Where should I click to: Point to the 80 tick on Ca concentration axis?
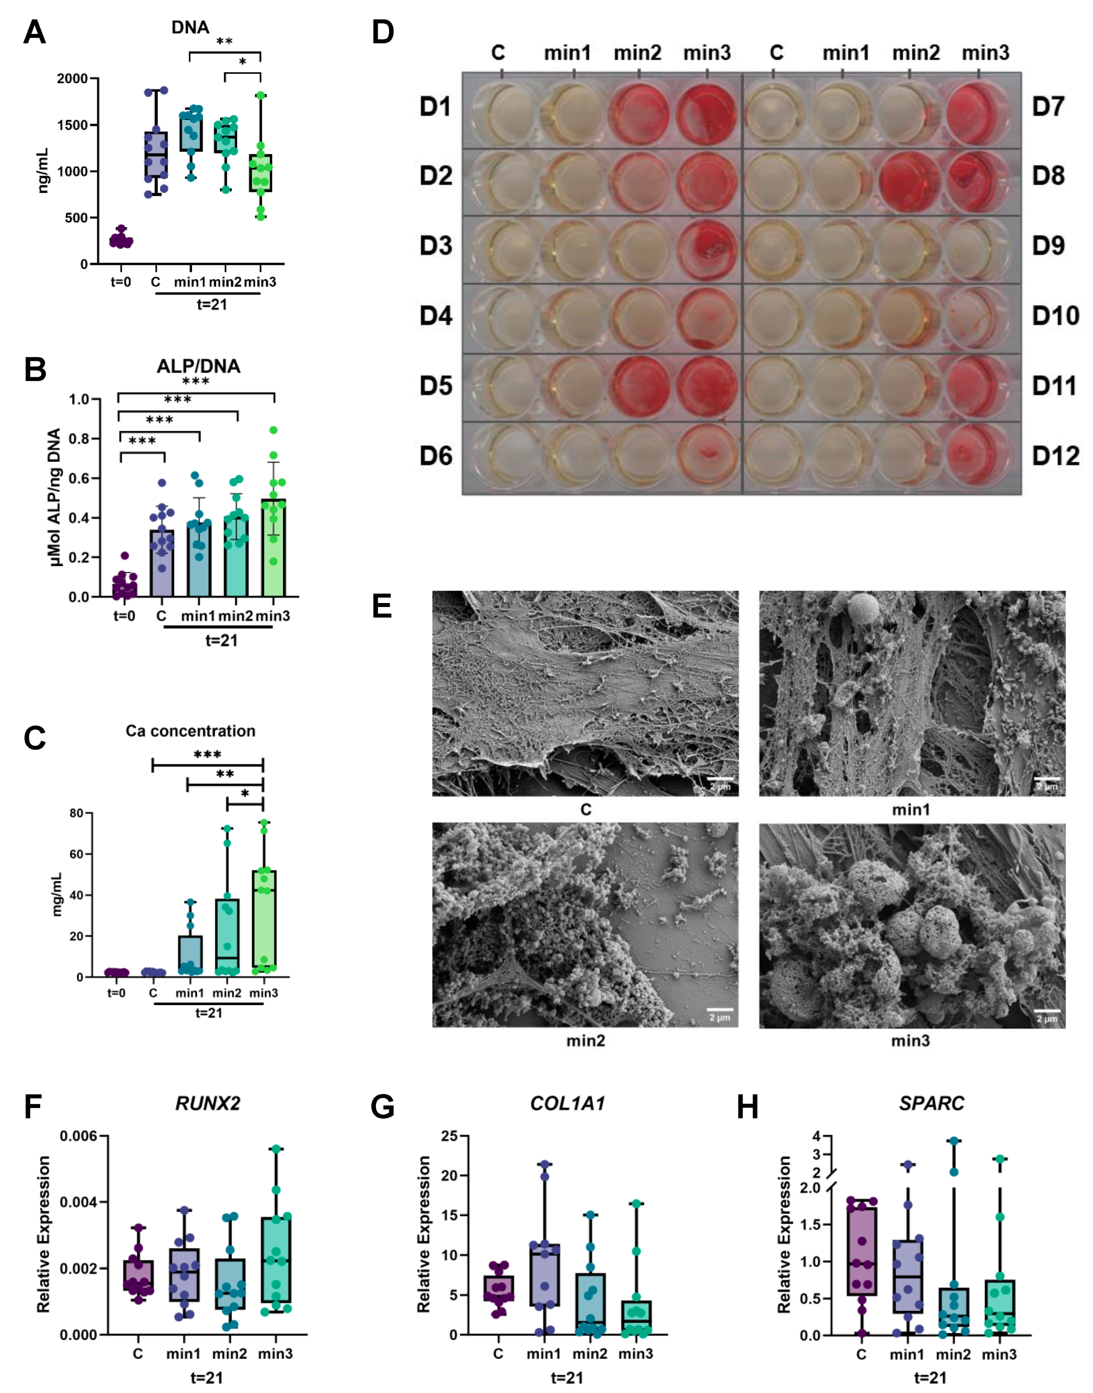point(76,813)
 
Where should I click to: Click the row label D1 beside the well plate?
point(436,106)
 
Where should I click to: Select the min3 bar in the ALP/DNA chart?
point(274,547)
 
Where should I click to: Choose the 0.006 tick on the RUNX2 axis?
point(79,1137)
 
